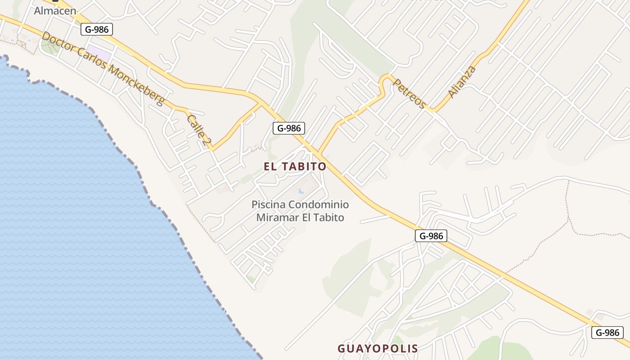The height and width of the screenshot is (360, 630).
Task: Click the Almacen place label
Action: click(55, 10)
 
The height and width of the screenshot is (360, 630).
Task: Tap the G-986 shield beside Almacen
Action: click(97, 30)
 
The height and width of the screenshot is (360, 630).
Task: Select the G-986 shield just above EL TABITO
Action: click(289, 128)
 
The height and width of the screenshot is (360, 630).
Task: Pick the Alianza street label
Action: click(462, 81)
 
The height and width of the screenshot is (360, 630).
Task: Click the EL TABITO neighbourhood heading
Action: click(295, 166)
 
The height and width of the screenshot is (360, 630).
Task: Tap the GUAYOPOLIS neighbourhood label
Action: click(378, 348)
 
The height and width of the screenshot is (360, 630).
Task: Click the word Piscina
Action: click(268, 204)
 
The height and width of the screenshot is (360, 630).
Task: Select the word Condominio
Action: click(319, 204)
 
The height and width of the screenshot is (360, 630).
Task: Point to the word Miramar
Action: click(274, 218)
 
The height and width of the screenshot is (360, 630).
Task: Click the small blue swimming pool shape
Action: click(301, 191)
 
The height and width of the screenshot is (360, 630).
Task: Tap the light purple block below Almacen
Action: click(99, 54)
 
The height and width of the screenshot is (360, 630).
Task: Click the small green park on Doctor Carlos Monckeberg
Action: click(49, 46)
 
